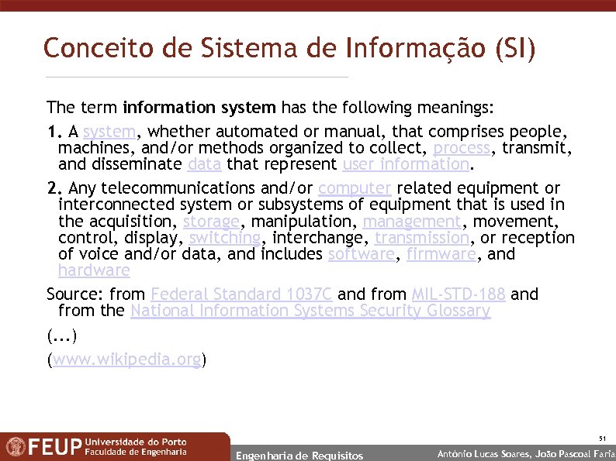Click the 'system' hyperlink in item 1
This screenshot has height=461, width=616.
(x=108, y=131)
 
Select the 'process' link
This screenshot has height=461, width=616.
(x=462, y=147)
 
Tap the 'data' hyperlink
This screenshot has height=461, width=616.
(x=205, y=164)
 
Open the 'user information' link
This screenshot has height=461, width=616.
(x=405, y=164)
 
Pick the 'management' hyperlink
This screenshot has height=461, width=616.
(x=411, y=222)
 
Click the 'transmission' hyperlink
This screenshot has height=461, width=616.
(x=421, y=238)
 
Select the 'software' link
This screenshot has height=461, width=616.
(x=361, y=254)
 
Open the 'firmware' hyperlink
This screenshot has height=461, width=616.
(x=439, y=254)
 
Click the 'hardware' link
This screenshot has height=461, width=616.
(x=94, y=270)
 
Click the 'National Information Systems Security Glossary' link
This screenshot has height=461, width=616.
(x=310, y=311)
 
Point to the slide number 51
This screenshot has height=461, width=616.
(x=601, y=439)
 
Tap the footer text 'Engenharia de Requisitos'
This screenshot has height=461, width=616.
(x=299, y=455)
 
